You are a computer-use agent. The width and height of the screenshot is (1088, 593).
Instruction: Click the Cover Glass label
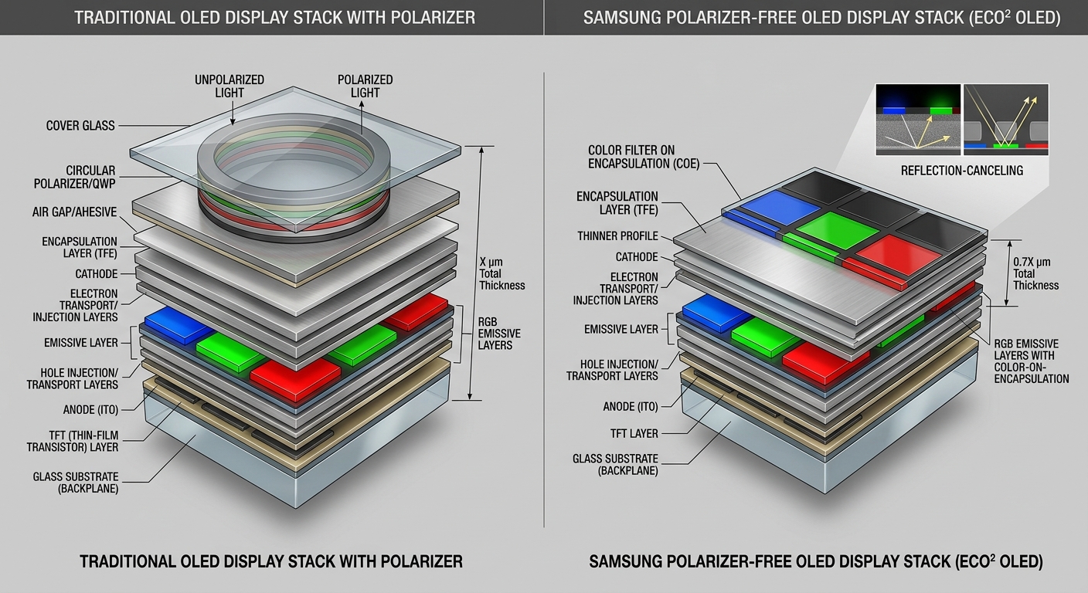coord(80,126)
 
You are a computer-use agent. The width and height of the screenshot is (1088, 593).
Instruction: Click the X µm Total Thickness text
coord(501,273)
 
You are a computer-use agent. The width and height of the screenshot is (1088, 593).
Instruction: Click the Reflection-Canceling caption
coord(961,171)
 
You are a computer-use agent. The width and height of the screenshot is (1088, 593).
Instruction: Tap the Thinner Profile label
coord(617,236)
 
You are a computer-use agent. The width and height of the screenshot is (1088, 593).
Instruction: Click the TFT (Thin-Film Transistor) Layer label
coord(73,440)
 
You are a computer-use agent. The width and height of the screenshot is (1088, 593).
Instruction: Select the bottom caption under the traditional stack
coord(271,561)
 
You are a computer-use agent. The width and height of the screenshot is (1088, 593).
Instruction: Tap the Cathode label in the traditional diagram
coord(97,274)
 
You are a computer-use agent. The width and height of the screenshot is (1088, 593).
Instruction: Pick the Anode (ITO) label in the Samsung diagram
coord(630,407)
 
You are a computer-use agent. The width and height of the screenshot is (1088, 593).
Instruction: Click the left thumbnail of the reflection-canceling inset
coord(918,120)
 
